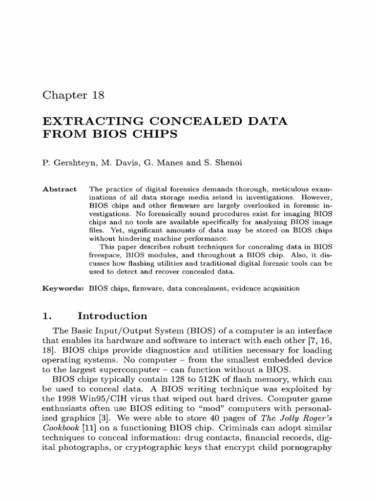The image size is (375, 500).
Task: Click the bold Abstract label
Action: coord(60,189)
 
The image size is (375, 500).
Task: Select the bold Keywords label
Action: coord(63,289)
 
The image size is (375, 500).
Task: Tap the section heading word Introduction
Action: coord(116,316)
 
